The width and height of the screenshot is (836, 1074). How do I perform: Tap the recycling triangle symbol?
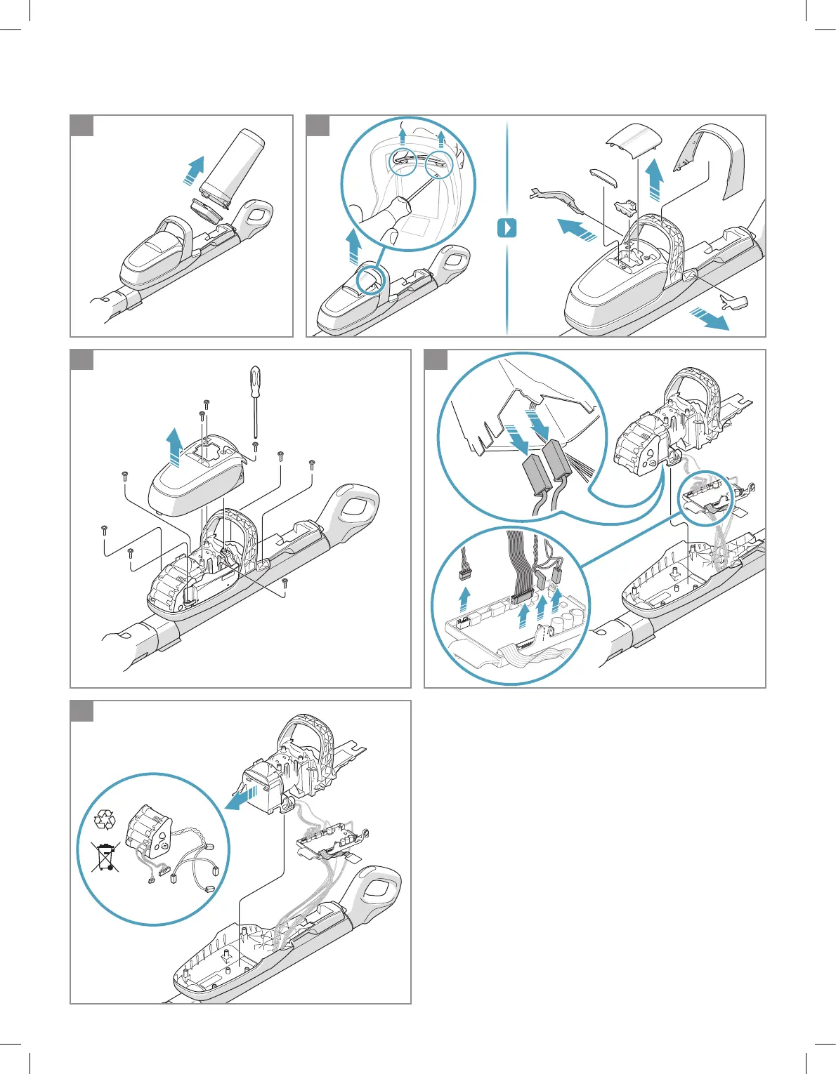(x=105, y=818)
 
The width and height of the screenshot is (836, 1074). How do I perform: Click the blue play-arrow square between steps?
(x=507, y=228)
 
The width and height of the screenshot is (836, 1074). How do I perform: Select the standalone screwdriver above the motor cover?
(x=254, y=400)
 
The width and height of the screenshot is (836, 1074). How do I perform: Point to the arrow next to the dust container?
(x=190, y=169)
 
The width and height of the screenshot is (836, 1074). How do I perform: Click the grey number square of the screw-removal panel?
(x=82, y=361)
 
